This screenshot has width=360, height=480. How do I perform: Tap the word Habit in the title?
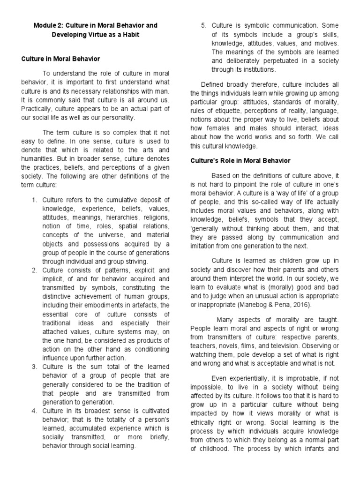point(129,35)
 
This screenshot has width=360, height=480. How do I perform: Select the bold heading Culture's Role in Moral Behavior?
point(240,161)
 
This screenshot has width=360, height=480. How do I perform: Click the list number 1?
point(34,200)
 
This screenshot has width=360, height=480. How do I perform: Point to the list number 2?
point(34,270)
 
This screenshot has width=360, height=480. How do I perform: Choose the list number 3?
point(34,366)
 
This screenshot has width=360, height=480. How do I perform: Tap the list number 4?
point(34,411)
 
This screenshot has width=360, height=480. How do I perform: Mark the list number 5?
point(203,25)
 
